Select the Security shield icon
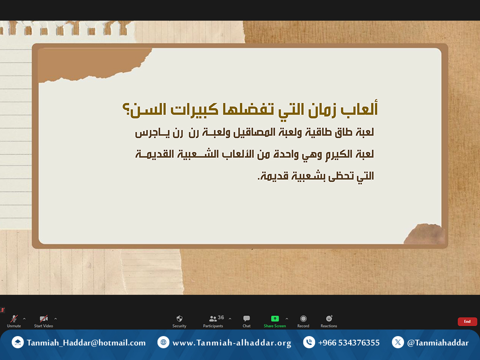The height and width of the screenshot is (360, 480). (180, 318)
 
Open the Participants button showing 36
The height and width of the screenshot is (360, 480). (213, 321)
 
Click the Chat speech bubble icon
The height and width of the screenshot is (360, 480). (247, 318)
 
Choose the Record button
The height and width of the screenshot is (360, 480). (303, 321)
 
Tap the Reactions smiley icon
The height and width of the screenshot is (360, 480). (329, 318)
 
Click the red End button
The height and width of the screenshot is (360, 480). (467, 322)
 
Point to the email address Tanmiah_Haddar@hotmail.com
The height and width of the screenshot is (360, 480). (86, 343)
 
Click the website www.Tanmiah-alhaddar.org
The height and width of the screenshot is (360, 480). (232, 343)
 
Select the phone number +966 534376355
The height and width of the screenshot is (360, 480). (349, 343)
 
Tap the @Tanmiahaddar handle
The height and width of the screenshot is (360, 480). (438, 343)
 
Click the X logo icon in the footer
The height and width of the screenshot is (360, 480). (397, 342)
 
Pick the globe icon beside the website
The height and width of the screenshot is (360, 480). (163, 342)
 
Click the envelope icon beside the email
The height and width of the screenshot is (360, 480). (17, 342)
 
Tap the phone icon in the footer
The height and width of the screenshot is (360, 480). (309, 342)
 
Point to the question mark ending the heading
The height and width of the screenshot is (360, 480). (126, 109)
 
